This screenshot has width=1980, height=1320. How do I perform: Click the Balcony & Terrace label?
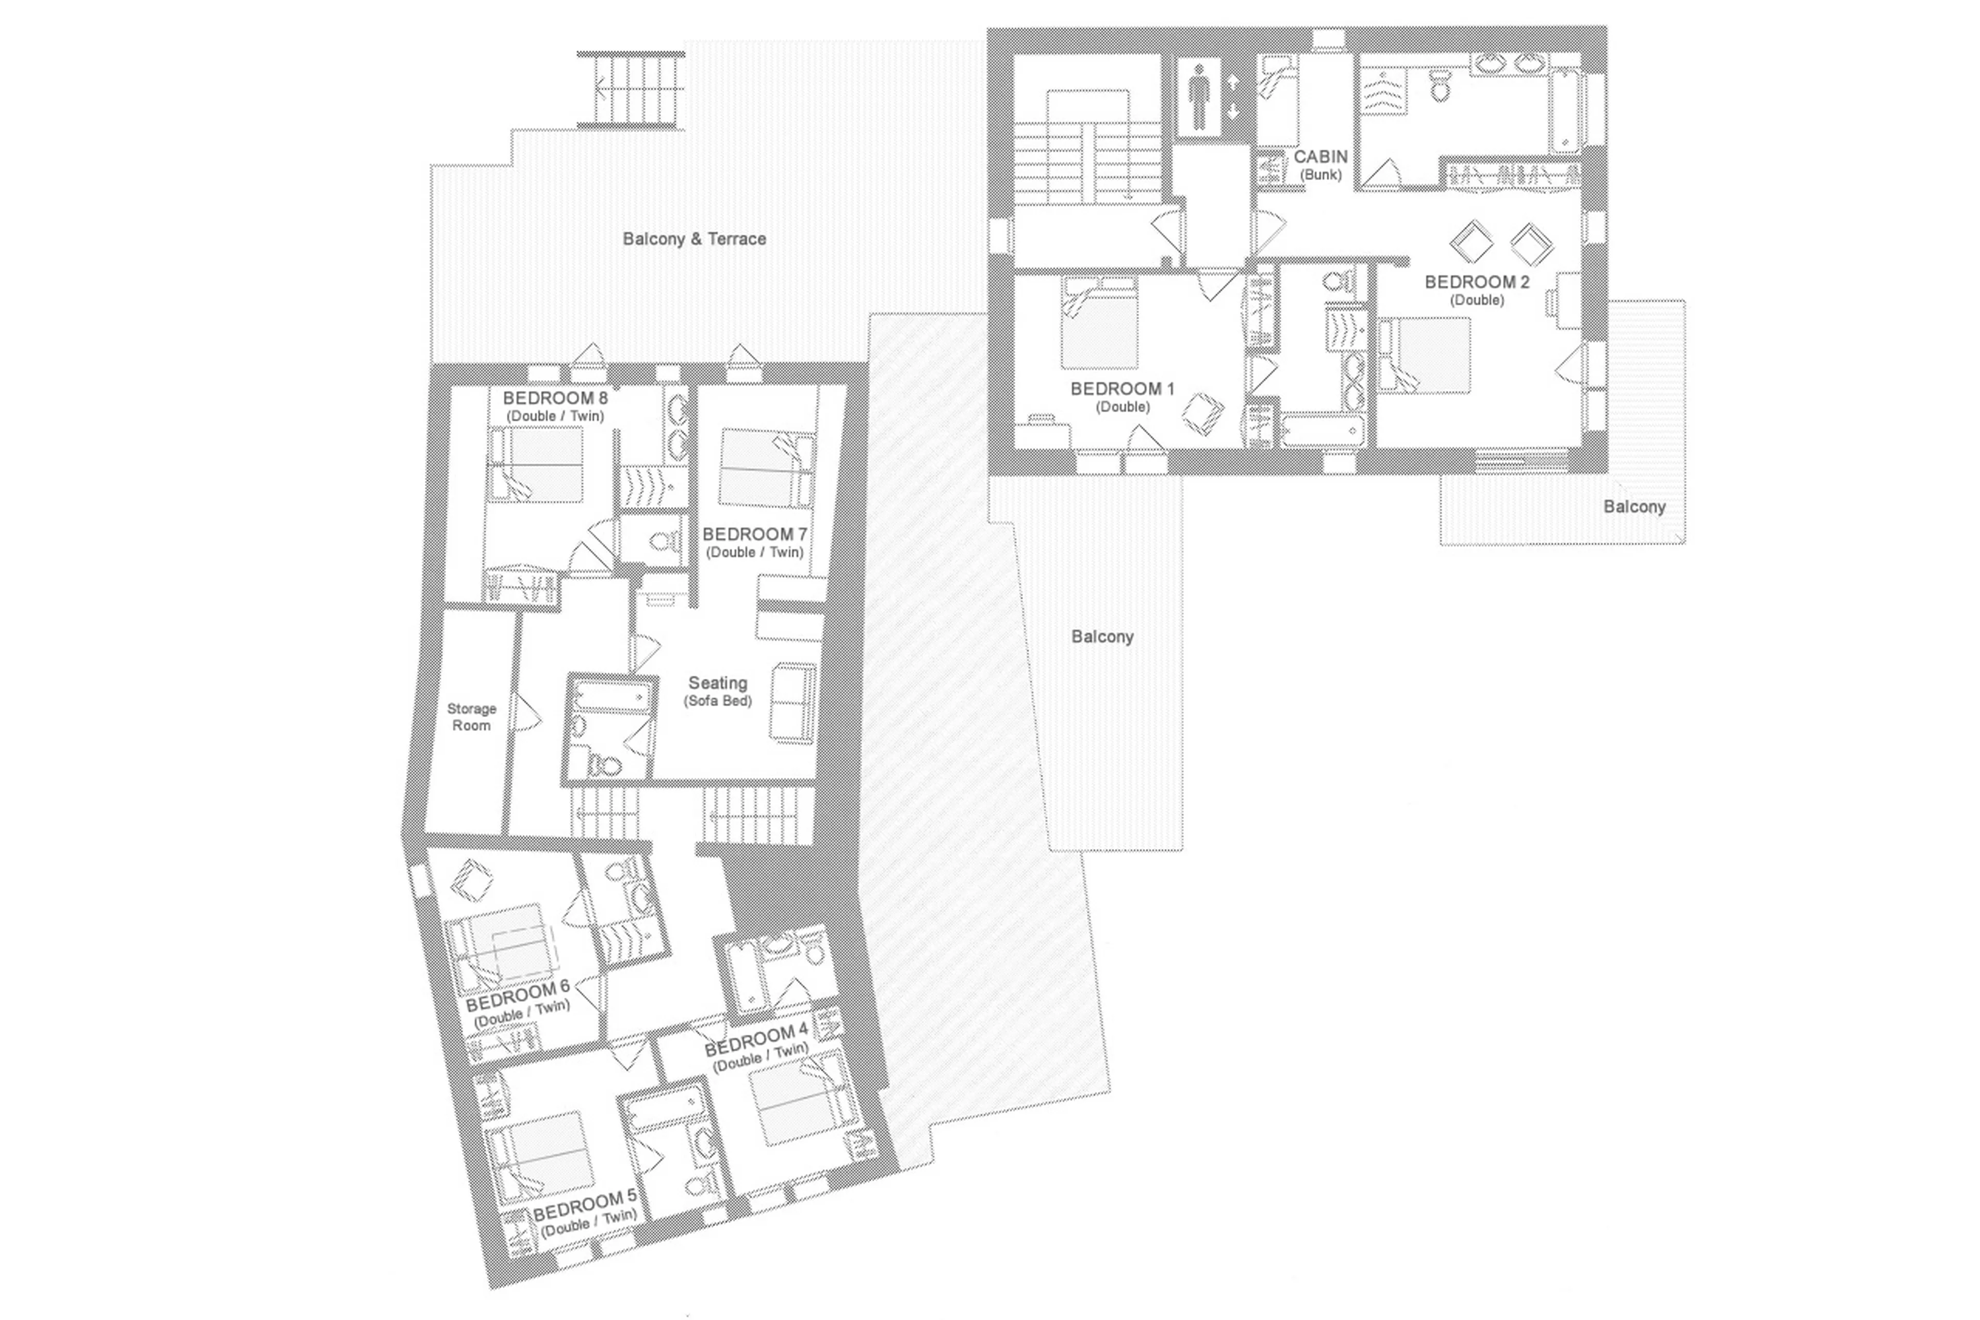[x=694, y=239]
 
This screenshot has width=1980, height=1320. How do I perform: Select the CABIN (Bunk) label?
[x=1319, y=164]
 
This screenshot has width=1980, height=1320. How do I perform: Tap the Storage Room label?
[x=471, y=716]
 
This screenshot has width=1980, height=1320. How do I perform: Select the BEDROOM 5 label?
[x=585, y=1209]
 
